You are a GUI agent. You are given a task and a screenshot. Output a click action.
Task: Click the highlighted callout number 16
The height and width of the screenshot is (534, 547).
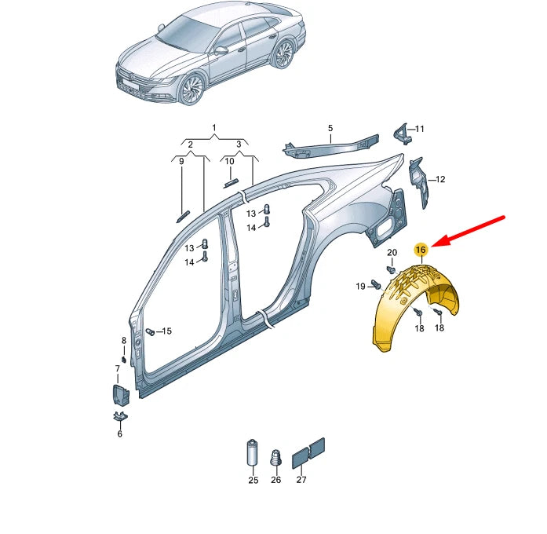click(421, 249)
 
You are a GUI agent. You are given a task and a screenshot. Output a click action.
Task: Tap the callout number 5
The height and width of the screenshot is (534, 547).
click(330, 128)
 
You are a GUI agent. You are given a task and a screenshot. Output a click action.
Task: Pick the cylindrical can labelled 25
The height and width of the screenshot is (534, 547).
click(252, 453)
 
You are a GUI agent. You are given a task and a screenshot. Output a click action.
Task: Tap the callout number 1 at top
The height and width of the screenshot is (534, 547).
click(213, 127)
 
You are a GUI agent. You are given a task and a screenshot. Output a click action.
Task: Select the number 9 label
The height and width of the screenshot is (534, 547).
click(181, 162)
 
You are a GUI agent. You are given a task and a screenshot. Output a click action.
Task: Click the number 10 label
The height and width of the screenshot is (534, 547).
click(230, 162)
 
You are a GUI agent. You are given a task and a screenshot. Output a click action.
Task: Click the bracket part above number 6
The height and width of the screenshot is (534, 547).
click(120, 415)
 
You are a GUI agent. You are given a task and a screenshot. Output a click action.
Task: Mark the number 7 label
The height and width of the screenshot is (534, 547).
click(118, 368)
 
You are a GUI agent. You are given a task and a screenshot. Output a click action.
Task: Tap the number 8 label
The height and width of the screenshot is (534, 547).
click(123, 340)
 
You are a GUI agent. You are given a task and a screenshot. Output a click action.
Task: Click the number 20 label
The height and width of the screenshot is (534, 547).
click(392, 252)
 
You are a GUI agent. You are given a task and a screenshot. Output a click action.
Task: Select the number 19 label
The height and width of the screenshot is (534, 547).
click(360, 287)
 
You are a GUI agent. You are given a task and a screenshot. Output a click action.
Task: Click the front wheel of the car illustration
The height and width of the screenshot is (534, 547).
click(191, 90)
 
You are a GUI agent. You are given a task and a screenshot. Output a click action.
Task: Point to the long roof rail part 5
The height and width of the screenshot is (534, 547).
click(330, 144)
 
